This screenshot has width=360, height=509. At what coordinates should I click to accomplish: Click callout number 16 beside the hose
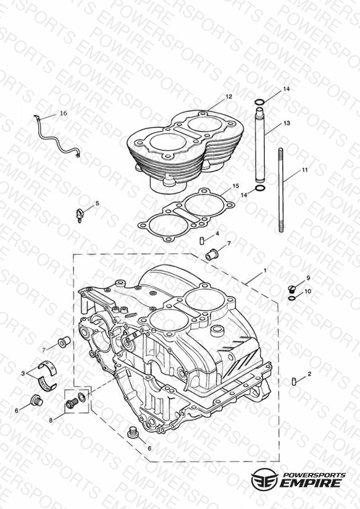pos(64,113)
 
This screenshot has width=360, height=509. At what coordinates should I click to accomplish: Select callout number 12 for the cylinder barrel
pos(229,96)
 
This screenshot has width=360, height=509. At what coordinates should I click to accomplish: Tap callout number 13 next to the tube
pos(287,123)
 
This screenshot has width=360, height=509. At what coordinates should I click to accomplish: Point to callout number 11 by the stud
pos(304,170)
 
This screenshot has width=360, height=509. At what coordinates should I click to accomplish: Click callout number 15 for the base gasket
pos(236,186)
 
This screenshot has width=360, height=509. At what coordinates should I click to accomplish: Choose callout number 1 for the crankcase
pos(265,270)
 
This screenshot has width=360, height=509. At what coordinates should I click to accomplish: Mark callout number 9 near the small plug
pos(308,278)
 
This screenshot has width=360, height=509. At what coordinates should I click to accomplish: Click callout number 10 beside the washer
pos(308,291)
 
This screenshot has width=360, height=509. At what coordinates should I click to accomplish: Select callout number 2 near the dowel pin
pos(309,374)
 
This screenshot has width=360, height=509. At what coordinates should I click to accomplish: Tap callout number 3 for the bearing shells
pos(23,373)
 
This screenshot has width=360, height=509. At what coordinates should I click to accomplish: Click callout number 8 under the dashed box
pos(51,420)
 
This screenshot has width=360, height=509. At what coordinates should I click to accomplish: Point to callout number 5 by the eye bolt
pos(97,203)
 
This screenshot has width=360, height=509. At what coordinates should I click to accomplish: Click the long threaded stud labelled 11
pos(281,190)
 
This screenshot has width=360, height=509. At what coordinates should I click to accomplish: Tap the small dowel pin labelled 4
pos(202,241)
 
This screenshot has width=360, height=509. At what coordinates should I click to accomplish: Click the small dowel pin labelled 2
pos(294,382)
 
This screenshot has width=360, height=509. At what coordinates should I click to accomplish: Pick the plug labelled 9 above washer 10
pos(292,288)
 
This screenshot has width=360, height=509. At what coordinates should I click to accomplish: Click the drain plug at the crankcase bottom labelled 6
pos(132,432)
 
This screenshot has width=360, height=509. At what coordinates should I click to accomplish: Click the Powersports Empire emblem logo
pos(264,479)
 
